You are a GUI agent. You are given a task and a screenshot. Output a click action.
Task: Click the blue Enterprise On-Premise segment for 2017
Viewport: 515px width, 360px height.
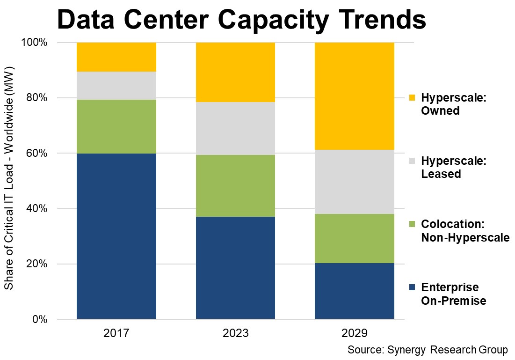pyautogui.click(x=116, y=236)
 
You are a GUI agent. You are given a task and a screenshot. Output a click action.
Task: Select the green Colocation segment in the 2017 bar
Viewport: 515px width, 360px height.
pyautogui.click(x=116, y=126)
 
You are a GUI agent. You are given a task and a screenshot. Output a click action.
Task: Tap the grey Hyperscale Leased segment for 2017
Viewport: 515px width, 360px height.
pyautogui.click(x=116, y=86)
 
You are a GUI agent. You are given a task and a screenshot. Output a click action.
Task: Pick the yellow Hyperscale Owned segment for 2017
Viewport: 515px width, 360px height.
pyautogui.click(x=116, y=57)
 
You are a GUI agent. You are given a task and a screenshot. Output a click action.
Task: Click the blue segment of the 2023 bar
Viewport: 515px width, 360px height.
pyautogui.click(x=235, y=268)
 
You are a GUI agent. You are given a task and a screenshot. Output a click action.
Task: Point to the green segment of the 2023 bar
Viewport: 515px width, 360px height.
pyautogui.click(x=235, y=186)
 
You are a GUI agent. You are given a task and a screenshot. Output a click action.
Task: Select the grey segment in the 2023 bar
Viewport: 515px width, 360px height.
pyautogui.click(x=235, y=129)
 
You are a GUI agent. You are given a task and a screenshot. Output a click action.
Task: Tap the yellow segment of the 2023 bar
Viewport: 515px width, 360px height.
pyautogui.click(x=235, y=72)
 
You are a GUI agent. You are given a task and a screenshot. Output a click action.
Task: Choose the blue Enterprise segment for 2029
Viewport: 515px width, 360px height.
pyautogui.click(x=355, y=291)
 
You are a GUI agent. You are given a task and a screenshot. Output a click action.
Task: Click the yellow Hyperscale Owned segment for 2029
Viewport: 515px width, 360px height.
pyautogui.click(x=355, y=96)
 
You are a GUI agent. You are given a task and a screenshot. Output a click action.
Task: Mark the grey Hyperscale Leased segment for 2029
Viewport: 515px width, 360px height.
pyautogui.click(x=355, y=182)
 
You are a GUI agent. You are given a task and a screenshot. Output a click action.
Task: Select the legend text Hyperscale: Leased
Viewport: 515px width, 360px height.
pyautogui.click(x=454, y=168)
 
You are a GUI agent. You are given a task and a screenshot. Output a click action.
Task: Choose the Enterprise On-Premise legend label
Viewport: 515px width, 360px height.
pyautogui.click(x=453, y=294)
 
